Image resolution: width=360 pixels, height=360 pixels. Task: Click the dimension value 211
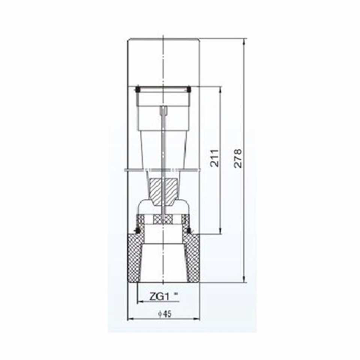(215, 158)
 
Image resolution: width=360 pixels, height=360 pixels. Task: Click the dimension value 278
(238, 158)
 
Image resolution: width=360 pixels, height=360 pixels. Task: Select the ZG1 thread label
(160, 296)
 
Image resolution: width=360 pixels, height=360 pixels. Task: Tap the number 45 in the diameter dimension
(168, 314)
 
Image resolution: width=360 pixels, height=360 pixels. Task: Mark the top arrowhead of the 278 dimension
(245, 42)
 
